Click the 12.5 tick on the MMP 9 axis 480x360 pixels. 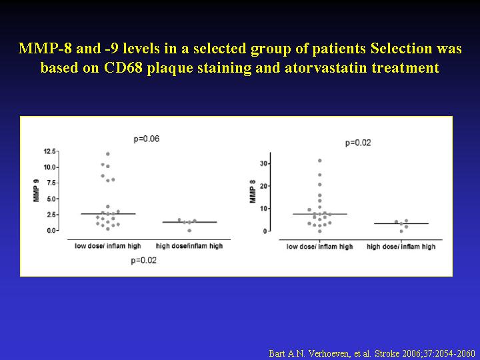[50, 151]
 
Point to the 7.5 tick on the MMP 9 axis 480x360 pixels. [51, 183]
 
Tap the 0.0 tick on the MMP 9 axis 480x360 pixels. [51, 230]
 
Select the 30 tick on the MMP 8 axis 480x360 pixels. [263, 163]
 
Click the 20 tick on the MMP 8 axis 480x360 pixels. [263, 186]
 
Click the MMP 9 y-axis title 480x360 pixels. [37, 191]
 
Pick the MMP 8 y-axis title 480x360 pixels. [253, 191]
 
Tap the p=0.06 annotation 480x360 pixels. [146, 139]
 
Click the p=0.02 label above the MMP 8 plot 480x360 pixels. [358, 143]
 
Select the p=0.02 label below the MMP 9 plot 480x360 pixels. [143, 261]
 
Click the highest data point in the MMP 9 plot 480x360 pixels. [108, 154]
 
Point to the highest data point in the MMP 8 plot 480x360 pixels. [320, 161]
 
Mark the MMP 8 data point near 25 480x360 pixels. [320, 175]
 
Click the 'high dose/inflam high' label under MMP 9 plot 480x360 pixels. [189, 246]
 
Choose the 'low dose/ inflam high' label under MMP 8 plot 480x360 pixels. [319, 247]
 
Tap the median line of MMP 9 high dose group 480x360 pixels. [189, 222]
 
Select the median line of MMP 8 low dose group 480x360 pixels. [320, 214]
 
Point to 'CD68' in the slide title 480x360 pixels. [123, 67]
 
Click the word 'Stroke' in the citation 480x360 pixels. [387, 353]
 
